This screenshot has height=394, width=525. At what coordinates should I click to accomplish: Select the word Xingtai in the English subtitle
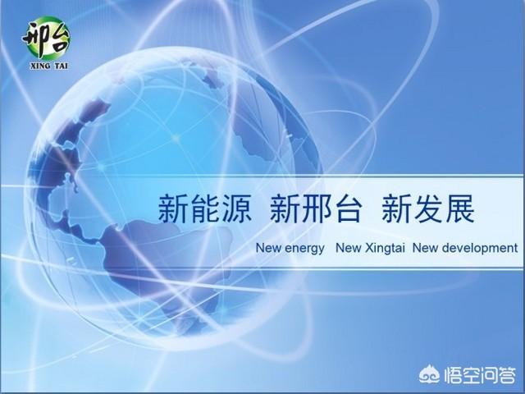tap(385, 249)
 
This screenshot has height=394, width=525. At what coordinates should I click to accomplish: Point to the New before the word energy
tap(268, 248)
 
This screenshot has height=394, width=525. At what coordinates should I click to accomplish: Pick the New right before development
tap(425, 248)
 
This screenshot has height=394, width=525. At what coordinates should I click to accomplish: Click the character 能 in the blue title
tap(206, 209)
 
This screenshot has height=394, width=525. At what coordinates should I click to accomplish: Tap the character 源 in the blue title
tap(237, 209)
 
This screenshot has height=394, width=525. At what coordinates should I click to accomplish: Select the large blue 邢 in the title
tap(316, 209)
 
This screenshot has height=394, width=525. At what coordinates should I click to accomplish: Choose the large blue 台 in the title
tap(348, 209)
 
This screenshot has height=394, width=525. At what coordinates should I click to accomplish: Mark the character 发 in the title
tap(428, 209)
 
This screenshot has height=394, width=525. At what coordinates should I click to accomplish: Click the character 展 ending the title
tap(459, 209)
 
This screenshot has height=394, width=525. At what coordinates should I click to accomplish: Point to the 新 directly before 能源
tap(173, 209)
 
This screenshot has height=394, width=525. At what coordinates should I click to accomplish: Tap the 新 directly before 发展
tap(396, 209)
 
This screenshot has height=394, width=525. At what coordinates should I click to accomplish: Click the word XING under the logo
tap(40, 66)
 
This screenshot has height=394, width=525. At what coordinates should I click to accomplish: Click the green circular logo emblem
tap(48, 38)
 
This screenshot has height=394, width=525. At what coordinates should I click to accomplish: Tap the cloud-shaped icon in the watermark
tap(429, 374)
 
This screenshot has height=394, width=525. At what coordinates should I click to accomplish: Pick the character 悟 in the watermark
tap(452, 375)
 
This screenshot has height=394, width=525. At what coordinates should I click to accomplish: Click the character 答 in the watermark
tap(506, 375)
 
